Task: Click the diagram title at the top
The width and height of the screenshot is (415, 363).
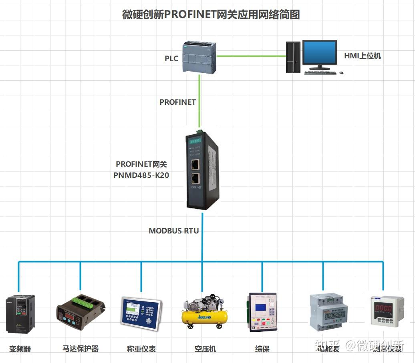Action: coord(211,15)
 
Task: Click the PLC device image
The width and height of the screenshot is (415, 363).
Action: coord(199,57)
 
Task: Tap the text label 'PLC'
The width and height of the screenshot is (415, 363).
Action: coord(171,58)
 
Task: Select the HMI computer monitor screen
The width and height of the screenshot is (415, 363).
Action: coord(319,52)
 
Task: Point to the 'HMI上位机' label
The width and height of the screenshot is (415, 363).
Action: coord(363,56)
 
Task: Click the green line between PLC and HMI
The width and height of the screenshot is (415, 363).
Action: coord(250,56)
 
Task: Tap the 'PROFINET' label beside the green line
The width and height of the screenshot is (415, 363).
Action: coord(177,102)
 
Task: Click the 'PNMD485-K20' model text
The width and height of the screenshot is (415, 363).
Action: coord(141,175)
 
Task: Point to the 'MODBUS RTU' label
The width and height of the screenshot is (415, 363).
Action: coord(174,231)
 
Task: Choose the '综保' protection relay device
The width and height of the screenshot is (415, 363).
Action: coord(262,312)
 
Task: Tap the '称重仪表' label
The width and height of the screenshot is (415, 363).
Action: coord(141,349)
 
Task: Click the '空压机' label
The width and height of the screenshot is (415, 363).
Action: coord(205,349)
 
